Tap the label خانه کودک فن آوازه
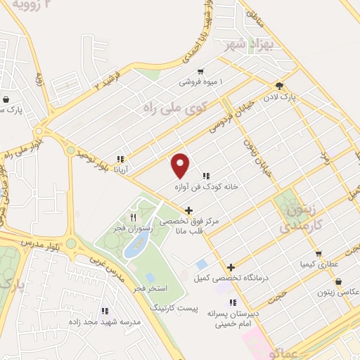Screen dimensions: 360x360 pos(207,187)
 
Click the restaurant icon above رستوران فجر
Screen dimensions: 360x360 pos(133,217)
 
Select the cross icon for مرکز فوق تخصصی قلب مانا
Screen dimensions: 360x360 pos(188,210)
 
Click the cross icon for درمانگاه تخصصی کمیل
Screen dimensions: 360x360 pos(231,267)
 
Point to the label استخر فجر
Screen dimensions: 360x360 pos(148,289)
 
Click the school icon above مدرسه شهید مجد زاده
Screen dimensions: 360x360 pos(105,310)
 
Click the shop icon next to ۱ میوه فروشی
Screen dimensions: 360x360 pos(201,71)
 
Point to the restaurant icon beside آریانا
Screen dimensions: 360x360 pos(120,159)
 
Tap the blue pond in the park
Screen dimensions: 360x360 pos(134,243)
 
